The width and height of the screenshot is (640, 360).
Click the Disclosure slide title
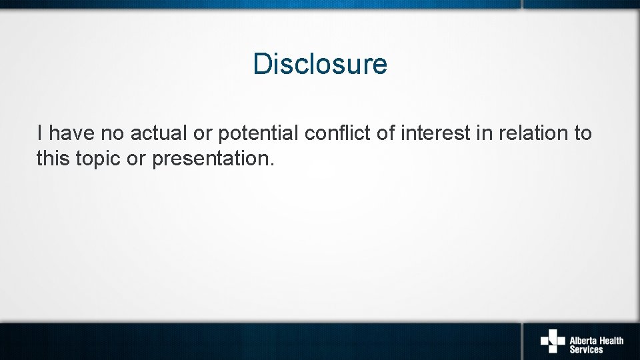click(320, 64)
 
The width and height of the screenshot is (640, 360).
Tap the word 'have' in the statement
click(73, 133)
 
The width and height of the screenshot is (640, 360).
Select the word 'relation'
click(529, 133)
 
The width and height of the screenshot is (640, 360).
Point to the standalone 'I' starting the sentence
click(40, 133)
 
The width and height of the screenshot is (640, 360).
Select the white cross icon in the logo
click(552, 341)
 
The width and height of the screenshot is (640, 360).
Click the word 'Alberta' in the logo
click(583, 341)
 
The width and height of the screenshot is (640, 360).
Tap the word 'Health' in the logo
click(612, 341)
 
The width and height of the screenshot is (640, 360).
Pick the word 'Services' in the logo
click(586, 349)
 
